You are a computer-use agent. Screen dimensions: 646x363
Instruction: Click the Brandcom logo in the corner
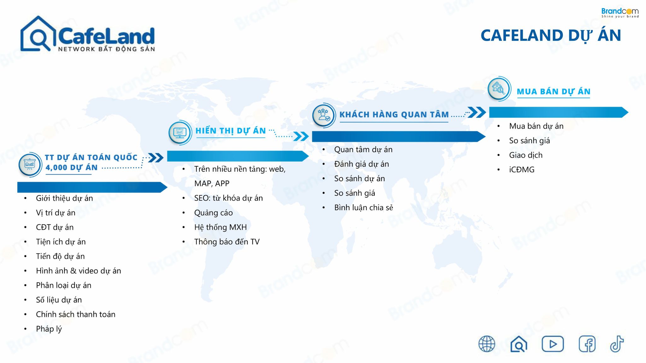point(620,13)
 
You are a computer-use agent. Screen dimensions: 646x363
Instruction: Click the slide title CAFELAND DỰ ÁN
point(551,36)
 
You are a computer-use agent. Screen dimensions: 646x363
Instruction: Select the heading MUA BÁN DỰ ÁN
point(553,91)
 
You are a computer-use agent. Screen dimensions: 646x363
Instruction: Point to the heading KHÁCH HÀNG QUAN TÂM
point(394,114)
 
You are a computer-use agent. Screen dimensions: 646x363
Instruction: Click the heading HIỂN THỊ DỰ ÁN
point(231,131)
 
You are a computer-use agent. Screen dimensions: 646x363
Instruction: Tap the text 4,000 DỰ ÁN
point(72,168)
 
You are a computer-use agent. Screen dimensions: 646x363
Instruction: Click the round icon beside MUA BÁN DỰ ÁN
point(499,89)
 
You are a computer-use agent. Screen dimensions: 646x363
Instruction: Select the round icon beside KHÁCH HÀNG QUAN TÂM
point(324,115)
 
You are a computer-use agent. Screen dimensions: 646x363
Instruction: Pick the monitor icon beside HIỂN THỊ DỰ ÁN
point(180,132)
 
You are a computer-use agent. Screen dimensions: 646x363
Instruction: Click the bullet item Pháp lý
point(49,329)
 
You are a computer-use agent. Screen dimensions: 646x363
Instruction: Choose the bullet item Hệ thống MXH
point(220,227)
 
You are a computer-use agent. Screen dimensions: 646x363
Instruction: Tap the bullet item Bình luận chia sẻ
point(364,208)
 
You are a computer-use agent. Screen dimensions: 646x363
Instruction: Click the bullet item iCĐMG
point(522,170)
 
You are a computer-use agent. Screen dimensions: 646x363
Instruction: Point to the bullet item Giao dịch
point(526,155)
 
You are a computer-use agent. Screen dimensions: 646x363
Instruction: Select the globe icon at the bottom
point(487,344)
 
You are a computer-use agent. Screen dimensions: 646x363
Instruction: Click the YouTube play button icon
point(553,344)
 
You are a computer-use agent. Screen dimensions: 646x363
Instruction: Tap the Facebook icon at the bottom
point(587,344)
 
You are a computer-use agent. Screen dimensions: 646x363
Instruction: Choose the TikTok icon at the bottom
point(617,343)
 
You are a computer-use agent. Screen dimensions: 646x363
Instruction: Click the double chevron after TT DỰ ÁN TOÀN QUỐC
point(156,158)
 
